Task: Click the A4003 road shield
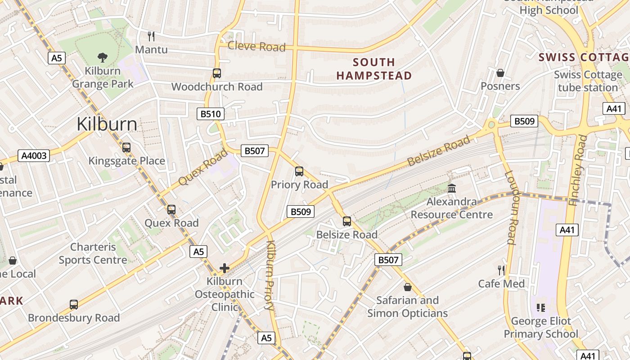[x=34, y=156]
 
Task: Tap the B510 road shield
[x=211, y=114]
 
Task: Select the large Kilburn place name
[x=107, y=124]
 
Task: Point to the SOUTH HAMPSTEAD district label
[x=374, y=69]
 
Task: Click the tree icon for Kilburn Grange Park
[x=103, y=57]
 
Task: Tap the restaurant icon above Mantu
[x=151, y=36]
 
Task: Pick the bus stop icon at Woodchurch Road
[x=217, y=73]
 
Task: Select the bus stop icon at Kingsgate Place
[x=126, y=147]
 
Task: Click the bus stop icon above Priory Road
[x=299, y=171]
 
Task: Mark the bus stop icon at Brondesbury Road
[x=74, y=304]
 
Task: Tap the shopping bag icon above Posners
[x=500, y=73]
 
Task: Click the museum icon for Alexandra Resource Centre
[x=452, y=188]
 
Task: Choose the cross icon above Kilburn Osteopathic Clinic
[x=224, y=269]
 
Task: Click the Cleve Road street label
[x=256, y=46]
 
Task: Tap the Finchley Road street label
[x=578, y=171]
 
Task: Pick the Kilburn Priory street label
[x=270, y=275]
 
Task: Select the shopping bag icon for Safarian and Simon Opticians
[x=408, y=287]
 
